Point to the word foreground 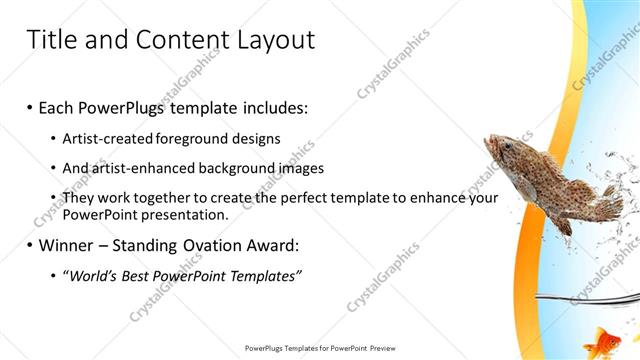188,138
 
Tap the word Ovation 198,244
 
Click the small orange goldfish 602,341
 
